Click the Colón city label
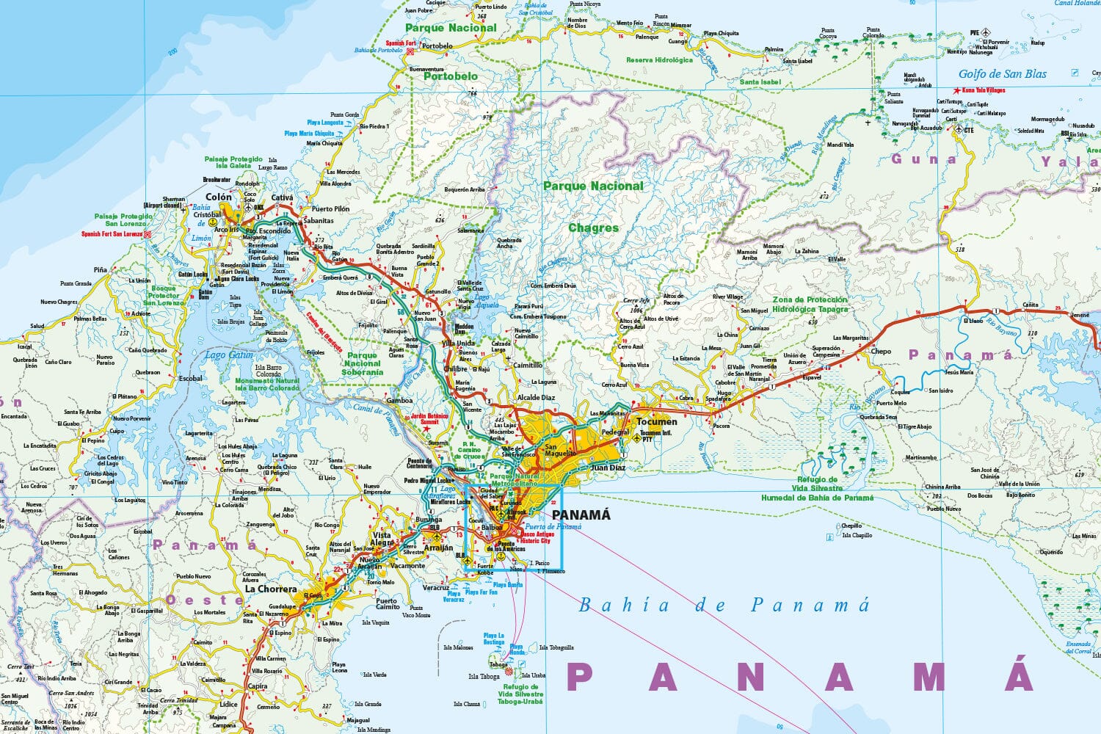218,197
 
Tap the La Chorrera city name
271,589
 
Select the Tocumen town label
657,421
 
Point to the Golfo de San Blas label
1002,73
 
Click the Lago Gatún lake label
228,355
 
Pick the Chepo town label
881,351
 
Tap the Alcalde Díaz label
537,397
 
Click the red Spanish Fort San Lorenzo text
112,234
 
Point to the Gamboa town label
399,401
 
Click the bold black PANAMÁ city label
581,515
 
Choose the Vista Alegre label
382,539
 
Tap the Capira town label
258,686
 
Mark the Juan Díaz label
608,467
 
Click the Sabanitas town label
318,220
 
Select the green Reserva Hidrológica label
659,60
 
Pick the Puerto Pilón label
330,208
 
